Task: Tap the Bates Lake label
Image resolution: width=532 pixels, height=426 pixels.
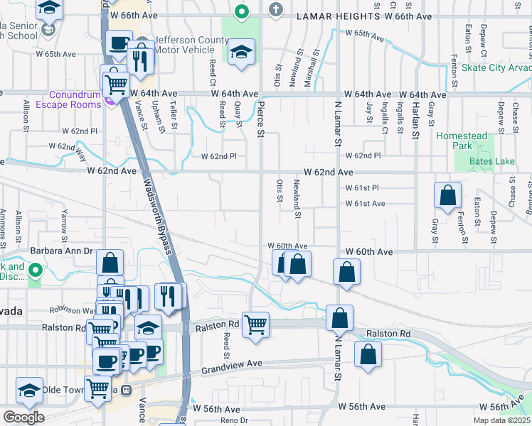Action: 491,161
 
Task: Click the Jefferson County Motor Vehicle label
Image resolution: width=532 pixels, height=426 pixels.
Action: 183,45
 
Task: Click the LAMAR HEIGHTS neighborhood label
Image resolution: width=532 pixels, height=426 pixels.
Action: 336,16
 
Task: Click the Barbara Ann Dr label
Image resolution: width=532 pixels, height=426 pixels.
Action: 62,251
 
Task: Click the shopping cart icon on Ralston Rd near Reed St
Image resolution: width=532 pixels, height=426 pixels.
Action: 255,325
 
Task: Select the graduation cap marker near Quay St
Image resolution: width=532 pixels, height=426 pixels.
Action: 242,52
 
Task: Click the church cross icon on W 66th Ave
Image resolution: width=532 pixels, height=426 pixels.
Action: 277,10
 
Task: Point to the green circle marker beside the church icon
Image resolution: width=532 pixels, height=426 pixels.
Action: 242,11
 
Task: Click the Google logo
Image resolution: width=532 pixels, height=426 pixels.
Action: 23,417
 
